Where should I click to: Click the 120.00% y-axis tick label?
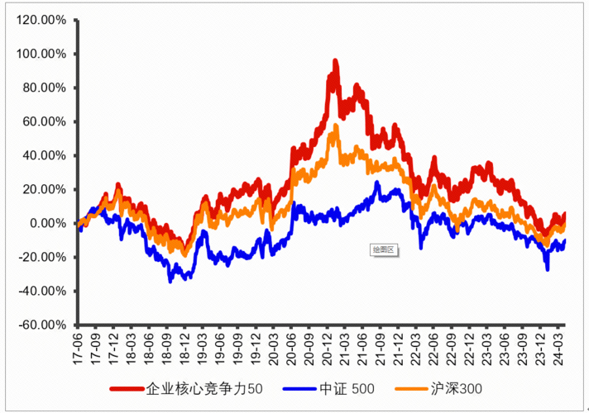pos(41,20)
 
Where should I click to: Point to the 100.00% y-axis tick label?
pos(41,54)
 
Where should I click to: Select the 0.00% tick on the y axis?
pos(47,223)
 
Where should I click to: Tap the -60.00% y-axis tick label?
pos(41,325)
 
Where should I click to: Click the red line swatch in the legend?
pos(127,387)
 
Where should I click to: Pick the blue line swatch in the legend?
pos(300,387)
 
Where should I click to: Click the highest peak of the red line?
pos(335,61)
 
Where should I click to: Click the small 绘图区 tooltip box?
pos(385,248)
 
